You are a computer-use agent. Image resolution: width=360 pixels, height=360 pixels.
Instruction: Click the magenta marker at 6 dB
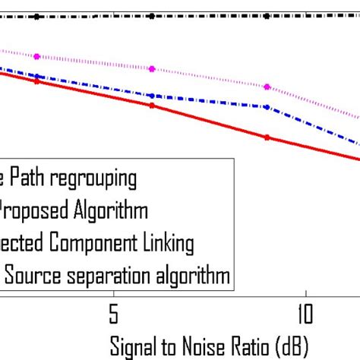pyautogui.click(x=152, y=68)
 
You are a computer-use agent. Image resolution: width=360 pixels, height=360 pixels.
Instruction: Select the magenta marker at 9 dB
pyautogui.click(x=267, y=87)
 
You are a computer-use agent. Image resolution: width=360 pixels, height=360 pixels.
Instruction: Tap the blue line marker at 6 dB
pyautogui.click(x=152, y=96)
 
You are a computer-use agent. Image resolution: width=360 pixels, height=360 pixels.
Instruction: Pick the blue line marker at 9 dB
pyautogui.click(x=267, y=107)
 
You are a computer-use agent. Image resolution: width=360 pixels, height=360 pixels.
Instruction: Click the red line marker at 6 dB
pyautogui.click(x=152, y=106)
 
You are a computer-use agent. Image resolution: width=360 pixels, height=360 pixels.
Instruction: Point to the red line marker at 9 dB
pyautogui.click(x=267, y=137)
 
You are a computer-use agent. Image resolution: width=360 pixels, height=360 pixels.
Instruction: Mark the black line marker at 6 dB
pyautogui.click(x=152, y=15)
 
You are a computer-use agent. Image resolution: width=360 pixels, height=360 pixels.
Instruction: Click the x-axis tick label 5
pyautogui.click(x=113, y=313)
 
